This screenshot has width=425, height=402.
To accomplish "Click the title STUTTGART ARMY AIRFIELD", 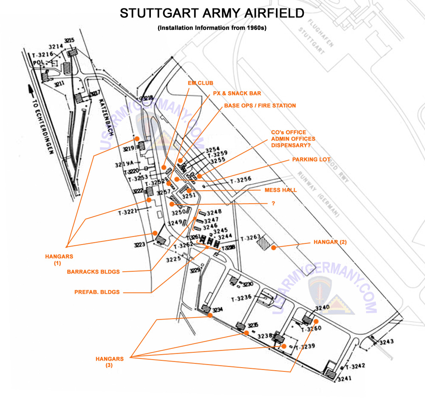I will click(212, 13).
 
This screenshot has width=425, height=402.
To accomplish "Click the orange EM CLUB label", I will click(201, 83).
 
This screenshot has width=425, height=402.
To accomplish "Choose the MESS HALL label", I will click(280, 190).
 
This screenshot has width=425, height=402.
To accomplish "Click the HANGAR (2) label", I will click(330, 242).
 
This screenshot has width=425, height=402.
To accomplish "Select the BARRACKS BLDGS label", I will click(93, 272).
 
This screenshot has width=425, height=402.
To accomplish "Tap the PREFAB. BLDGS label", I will click(97, 292).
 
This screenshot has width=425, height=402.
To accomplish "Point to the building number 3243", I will click(387, 342).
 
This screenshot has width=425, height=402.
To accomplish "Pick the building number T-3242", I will click(355, 366).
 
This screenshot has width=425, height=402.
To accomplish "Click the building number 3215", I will click(69, 41).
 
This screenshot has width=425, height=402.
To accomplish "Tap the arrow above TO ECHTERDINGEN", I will click(30, 91).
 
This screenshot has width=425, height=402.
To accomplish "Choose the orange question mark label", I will click(273, 204).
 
